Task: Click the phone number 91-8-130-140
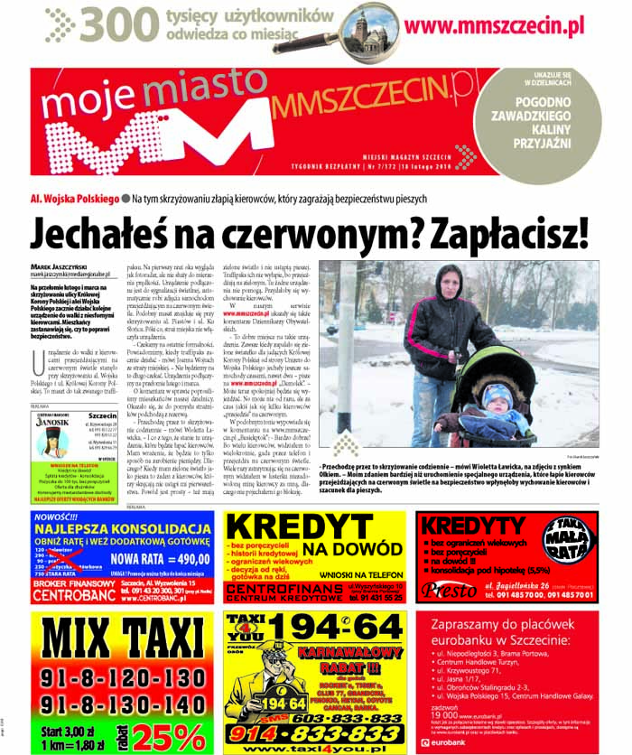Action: click(x=123, y=704)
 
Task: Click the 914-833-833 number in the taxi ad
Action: click(x=313, y=733)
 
